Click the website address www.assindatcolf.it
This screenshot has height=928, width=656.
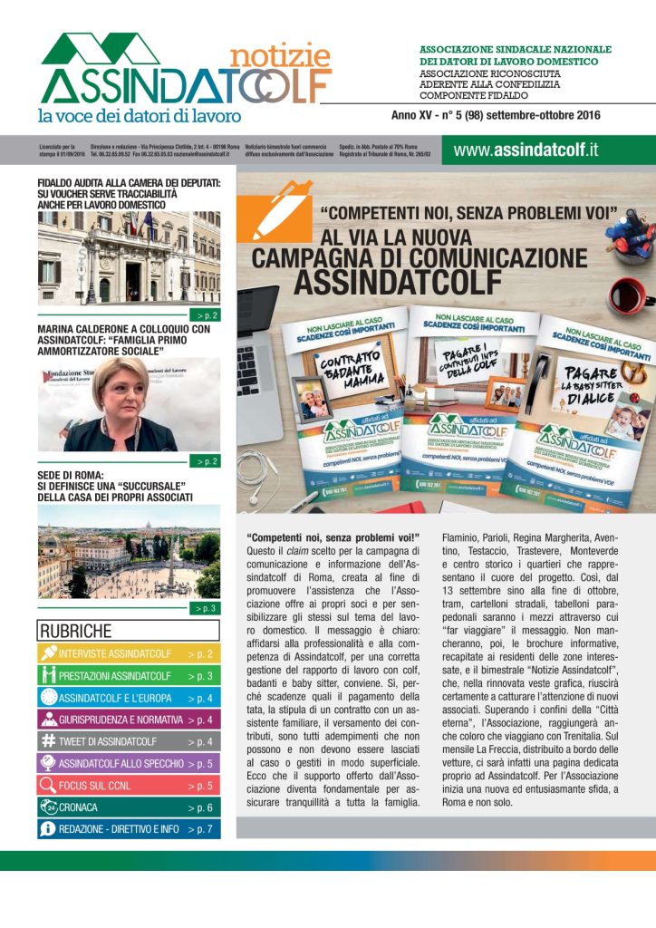526,150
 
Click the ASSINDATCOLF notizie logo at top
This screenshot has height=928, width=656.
186,72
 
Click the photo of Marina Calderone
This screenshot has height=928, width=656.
129,404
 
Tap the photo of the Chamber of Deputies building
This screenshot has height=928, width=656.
129,259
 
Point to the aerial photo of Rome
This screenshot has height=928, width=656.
129,552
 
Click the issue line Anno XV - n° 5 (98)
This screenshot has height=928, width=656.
497,116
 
